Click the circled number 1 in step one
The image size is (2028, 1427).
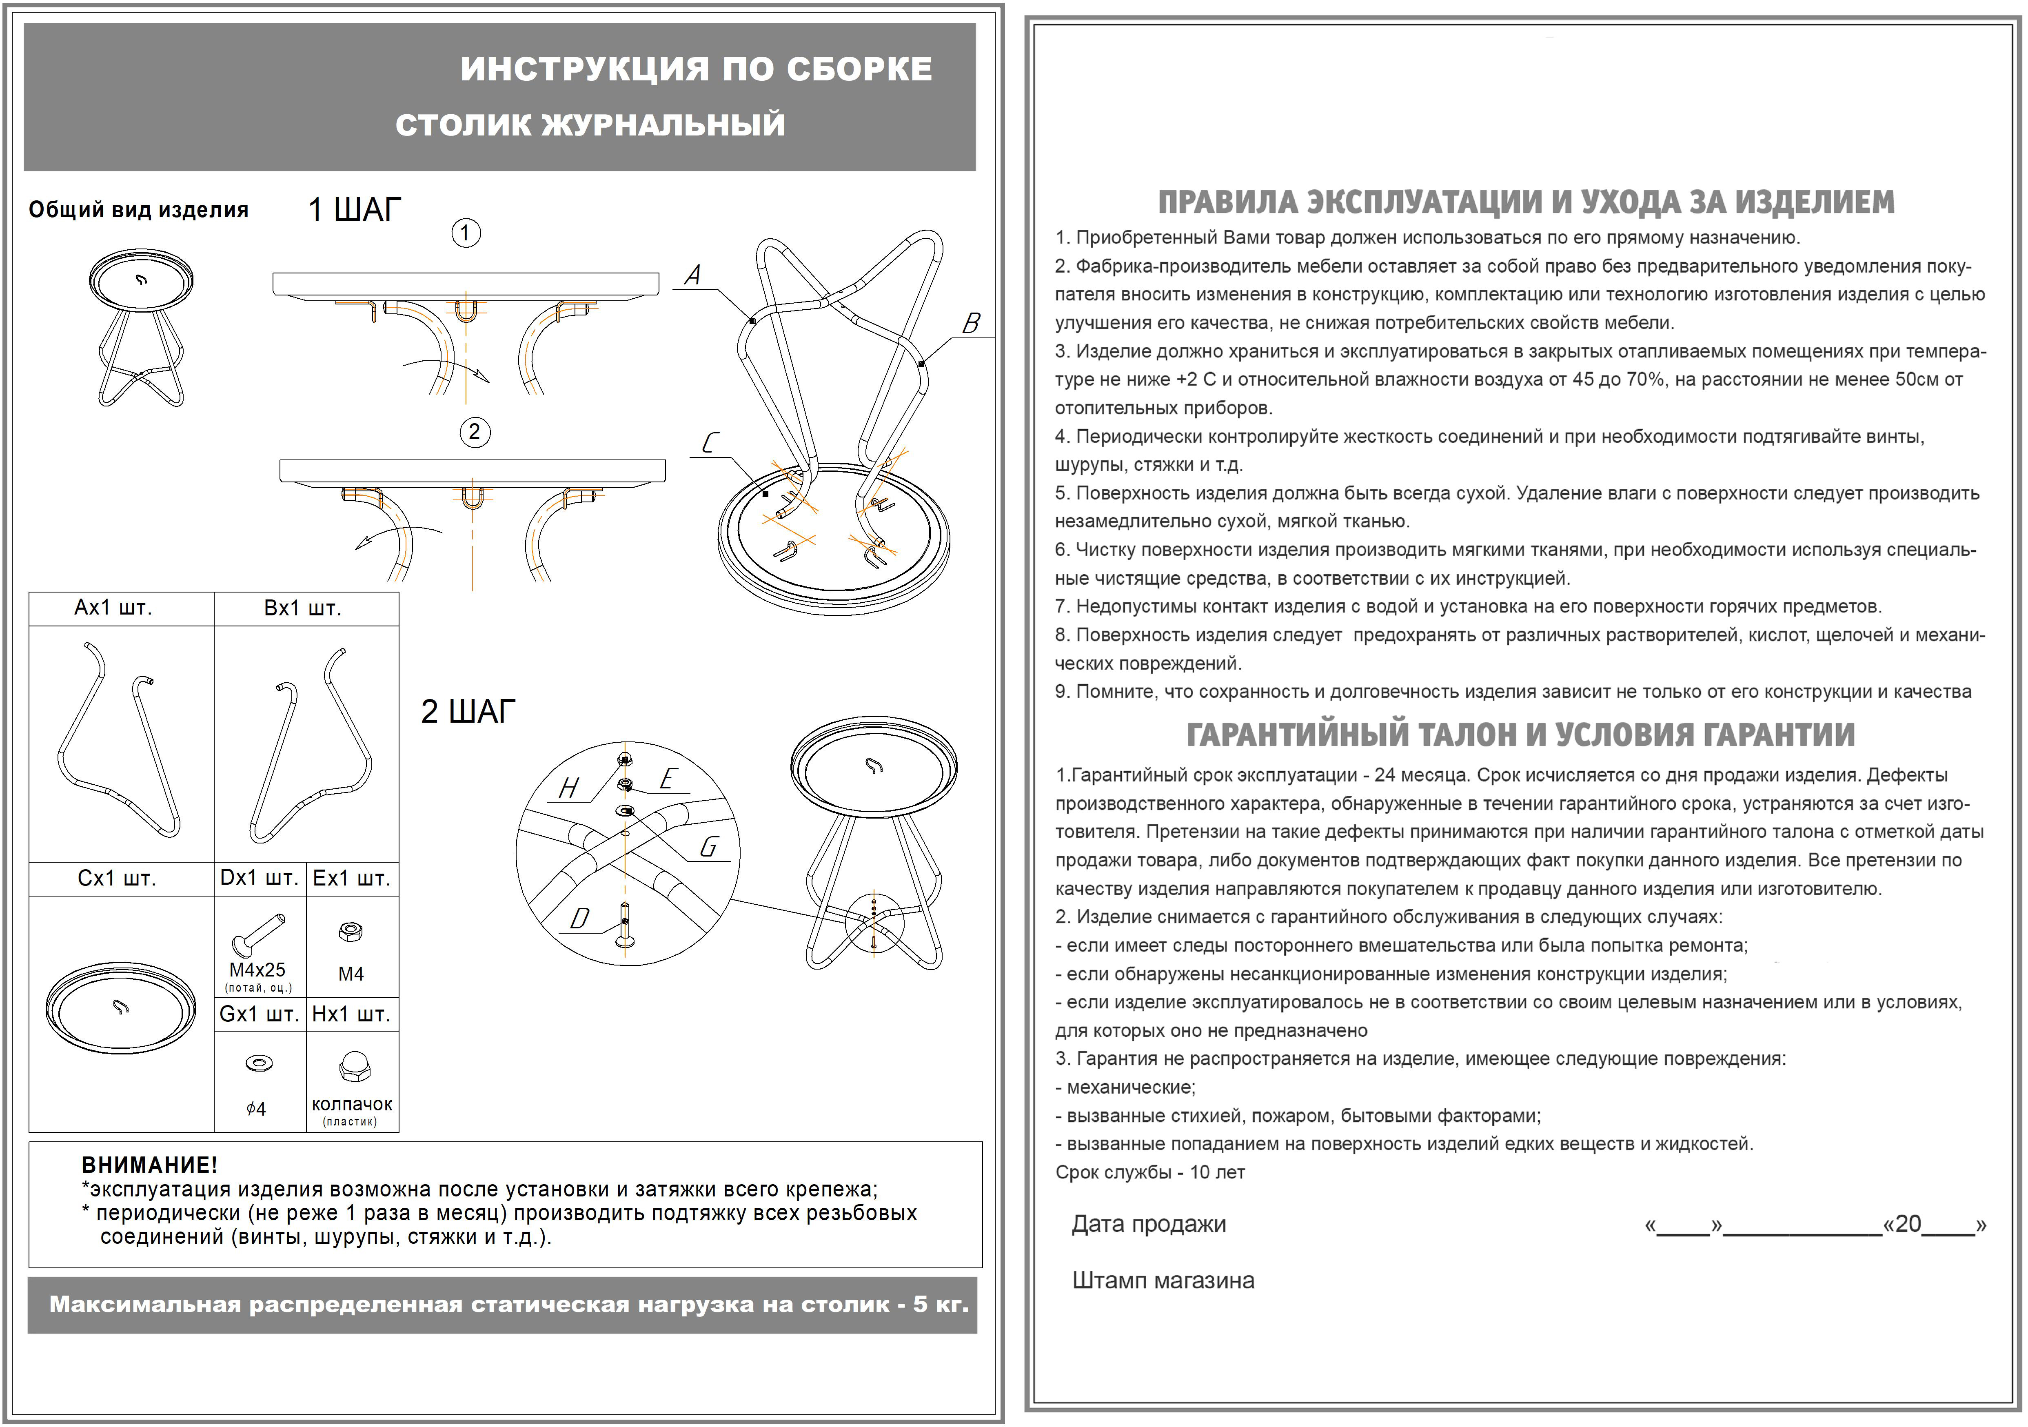(x=466, y=233)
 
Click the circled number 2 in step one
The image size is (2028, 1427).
(x=474, y=432)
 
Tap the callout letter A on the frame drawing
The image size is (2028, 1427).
(x=693, y=275)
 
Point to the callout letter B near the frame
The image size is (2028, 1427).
(x=971, y=323)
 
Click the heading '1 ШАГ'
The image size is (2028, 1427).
(x=354, y=210)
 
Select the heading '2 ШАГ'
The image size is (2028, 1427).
(x=468, y=712)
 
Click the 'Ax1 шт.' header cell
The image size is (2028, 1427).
(x=113, y=608)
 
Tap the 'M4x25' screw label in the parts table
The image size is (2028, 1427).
(x=257, y=970)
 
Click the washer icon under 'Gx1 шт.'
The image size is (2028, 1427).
(x=259, y=1063)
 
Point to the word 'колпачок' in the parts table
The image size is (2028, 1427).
(x=352, y=1104)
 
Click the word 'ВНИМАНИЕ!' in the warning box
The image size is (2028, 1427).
(x=149, y=1165)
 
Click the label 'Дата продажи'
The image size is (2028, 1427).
(x=1148, y=1224)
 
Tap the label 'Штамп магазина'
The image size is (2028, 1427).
(x=1163, y=1281)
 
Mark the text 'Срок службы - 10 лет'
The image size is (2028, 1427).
(x=1150, y=1173)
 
